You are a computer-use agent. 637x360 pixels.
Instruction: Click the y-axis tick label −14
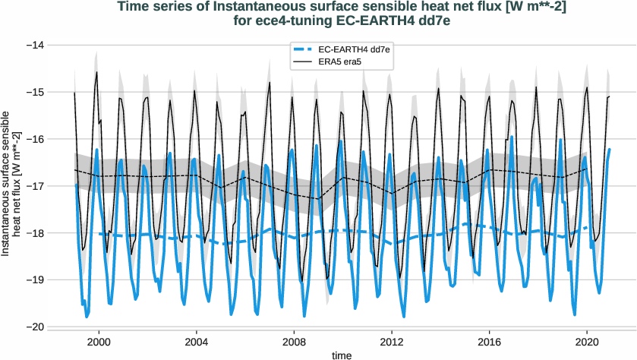tap(35, 46)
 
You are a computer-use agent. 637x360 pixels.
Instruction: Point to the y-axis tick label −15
tap(35, 93)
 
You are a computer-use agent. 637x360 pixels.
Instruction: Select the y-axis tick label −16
tap(35, 139)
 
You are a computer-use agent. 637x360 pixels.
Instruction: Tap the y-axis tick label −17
tap(35, 186)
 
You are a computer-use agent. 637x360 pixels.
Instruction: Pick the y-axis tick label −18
tap(35, 233)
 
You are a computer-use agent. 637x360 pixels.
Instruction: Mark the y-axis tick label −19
tap(35, 279)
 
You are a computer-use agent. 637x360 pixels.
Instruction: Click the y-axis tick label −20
tap(35, 327)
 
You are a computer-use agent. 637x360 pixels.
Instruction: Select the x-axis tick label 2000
tap(99, 342)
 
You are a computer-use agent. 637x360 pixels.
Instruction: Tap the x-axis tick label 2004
tap(197, 342)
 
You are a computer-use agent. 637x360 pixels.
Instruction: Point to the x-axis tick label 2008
tap(295, 342)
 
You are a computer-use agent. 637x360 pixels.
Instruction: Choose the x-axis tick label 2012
tap(392, 342)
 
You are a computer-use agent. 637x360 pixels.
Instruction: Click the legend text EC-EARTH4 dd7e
tap(359, 49)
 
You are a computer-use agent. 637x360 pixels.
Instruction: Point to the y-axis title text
tap(11, 186)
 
